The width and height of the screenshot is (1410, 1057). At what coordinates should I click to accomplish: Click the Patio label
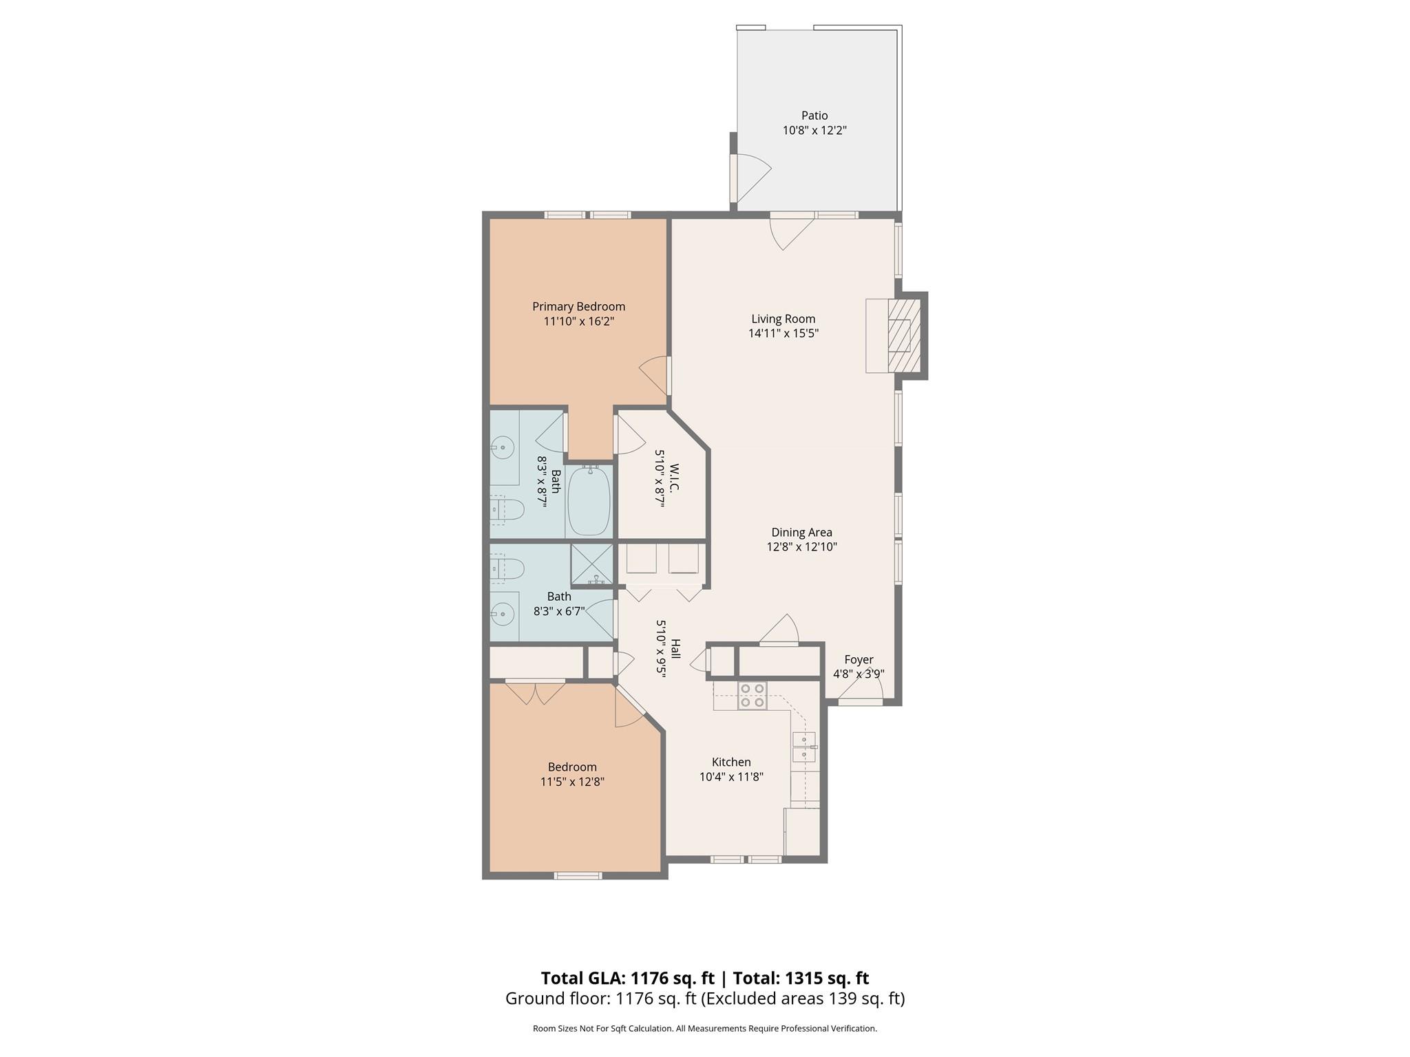click(x=814, y=116)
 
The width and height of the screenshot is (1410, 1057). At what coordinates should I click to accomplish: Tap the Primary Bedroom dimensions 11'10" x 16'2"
click(x=578, y=321)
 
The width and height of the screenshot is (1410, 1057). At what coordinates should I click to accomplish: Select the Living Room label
click(x=783, y=319)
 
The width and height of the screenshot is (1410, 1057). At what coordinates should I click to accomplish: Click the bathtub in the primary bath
click(x=589, y=500)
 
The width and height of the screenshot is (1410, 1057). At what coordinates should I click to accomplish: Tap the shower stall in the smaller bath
click(x=591, y=564)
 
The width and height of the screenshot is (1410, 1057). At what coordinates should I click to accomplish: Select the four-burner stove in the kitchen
click(x=752, y=695)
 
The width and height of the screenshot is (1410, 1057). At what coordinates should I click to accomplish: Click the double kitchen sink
click(x=803, y=747)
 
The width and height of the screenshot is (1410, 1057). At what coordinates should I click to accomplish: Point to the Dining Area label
click(x=801, y=532)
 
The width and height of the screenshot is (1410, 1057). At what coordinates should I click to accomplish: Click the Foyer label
click(x=859, y=659)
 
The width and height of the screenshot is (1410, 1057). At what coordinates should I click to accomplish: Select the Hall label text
click(x=675, y=649)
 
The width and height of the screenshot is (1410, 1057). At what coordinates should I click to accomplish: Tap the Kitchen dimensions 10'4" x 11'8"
click(x=731, y=777)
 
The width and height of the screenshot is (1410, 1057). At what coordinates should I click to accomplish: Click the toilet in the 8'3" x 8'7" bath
click(x=507, y=509)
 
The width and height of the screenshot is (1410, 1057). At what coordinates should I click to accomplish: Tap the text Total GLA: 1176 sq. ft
click(x=627, y=978)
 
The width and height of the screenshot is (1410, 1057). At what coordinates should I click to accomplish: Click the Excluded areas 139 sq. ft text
click(x=803, y=999)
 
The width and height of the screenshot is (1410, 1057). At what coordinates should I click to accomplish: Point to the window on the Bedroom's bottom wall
click(x=578, y=875)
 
